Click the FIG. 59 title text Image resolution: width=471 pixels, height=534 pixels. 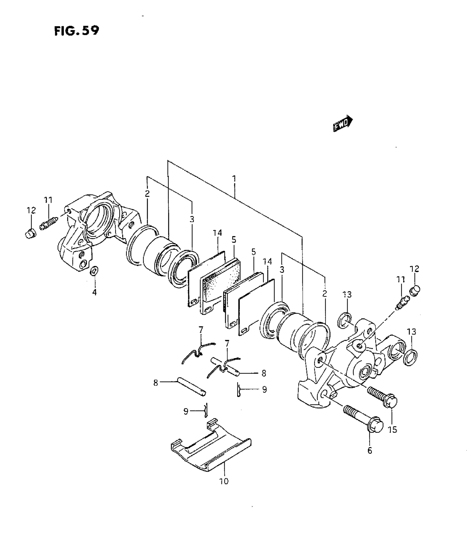(76, 30)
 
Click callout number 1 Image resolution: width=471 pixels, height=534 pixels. (234, 179)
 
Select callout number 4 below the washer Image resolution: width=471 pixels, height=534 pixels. (95, 292)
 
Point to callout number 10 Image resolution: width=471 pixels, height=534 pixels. (224, 481)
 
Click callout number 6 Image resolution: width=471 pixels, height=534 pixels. (370, 451)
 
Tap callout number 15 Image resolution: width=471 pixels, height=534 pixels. (393, 429)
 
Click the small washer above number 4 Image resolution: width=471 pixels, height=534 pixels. (94, 271)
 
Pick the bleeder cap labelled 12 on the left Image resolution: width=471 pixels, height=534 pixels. (29, 234)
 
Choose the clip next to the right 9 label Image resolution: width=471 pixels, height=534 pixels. (239, 390)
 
